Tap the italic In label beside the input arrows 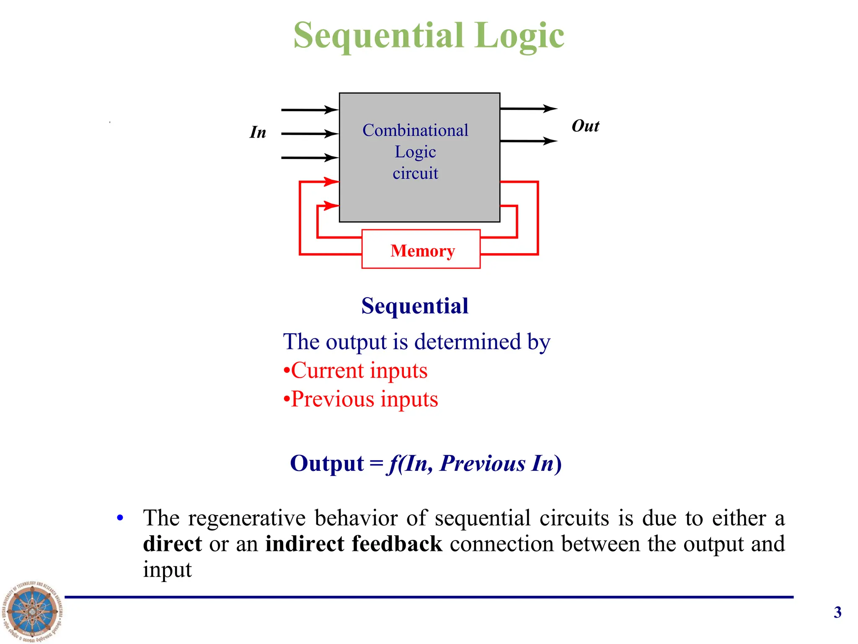click(x=258, y=132)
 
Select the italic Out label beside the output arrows click(x=585, y=126)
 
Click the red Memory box click(x=421, y=249)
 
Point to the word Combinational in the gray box click(x=415, y=130)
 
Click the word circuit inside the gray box click(x=415, y=173)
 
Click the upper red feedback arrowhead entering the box click(x=331, y=182)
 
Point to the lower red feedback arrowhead click(x=331, y=205)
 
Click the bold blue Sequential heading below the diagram click(x=415, y=306)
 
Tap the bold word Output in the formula click(x=327, y=463)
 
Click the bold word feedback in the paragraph click(x=397, y=544)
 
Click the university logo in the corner click(x=32, y=611)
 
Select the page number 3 click(x=837, y=612)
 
